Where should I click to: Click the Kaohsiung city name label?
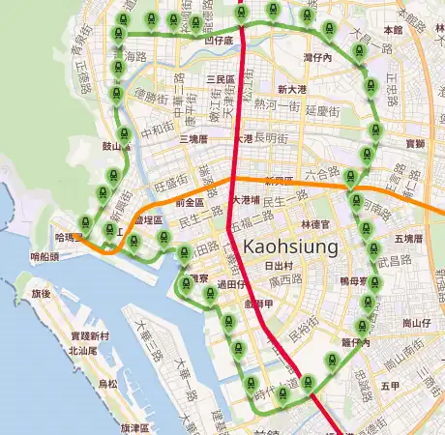(x=290, y=246)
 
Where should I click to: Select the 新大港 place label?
(x=291, y=90)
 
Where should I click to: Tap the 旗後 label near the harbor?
(x=41, y=293)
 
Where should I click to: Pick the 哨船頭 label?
(x=45, y=257)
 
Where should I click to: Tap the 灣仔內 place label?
(x=317, y=59)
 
